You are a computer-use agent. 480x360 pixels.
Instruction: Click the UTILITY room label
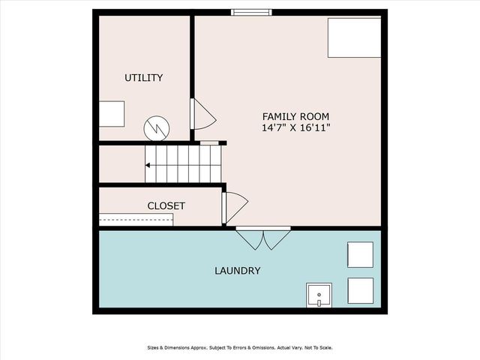tap(143, 78)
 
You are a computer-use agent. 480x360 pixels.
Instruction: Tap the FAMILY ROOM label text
tap(295, 116)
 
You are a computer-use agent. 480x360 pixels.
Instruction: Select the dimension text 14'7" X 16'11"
tap(295, 128)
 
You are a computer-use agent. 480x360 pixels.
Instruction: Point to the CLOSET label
tap(166, 205)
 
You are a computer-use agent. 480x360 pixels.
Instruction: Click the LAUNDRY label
tap(237, 271)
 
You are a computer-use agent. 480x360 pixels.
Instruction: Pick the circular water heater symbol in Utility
tap(157, 127)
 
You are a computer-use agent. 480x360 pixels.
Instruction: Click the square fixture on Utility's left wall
tap(112, 114)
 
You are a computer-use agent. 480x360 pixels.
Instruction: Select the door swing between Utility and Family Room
tap(203, 115)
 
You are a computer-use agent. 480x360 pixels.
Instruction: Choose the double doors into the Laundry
tap(263, 238)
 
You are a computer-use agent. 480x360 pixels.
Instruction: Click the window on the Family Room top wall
tap(250, 12)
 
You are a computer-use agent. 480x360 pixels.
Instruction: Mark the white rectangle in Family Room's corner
tap(353, 37)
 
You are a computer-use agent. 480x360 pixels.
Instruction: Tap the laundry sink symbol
tap(319, 295)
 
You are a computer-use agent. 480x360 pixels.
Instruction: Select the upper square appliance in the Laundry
tap(359, 254)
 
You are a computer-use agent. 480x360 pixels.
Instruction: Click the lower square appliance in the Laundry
tap(359, 290)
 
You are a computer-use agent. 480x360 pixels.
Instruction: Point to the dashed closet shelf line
tap(136, 220)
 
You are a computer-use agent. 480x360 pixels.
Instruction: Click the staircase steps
tap(184, 163)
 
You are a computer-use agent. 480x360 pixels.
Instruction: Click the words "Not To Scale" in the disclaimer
tap(317, 347)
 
